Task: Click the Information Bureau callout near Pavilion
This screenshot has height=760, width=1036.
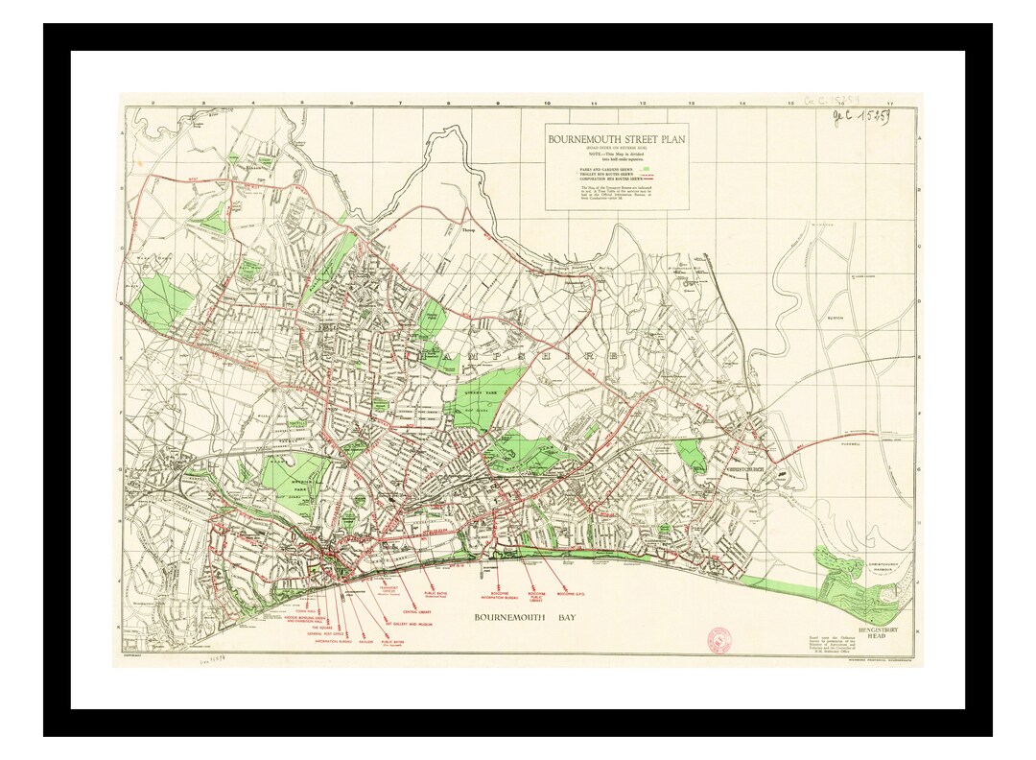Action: (333, 641)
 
